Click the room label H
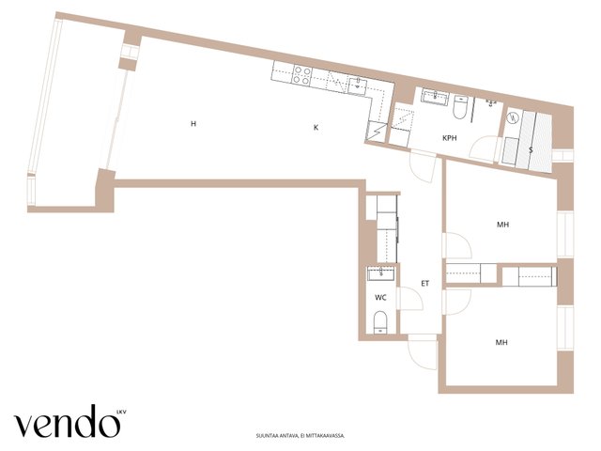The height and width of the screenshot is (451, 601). (193, 123)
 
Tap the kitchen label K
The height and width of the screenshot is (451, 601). (316, 128)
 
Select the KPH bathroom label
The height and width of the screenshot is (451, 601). (450, 138)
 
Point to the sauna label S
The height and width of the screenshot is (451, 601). (531, 150)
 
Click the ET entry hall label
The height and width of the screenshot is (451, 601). (425, 284)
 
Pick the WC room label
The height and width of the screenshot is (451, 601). (380, 297)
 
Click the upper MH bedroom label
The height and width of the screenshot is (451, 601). (503, 225)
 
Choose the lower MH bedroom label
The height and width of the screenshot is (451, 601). (501, 342)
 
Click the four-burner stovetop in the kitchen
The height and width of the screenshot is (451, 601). (302, 75)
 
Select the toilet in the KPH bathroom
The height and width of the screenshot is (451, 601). (460, 107)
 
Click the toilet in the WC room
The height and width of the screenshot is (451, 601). (380, 322)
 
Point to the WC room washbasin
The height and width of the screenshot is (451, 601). (381, 273)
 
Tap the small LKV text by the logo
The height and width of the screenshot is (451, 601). (121, 412)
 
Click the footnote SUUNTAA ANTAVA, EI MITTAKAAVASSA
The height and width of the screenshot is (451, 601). (300, 436)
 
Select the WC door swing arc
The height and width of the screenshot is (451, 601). (411, 299)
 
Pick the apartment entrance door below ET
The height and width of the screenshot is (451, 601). (423, 351)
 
